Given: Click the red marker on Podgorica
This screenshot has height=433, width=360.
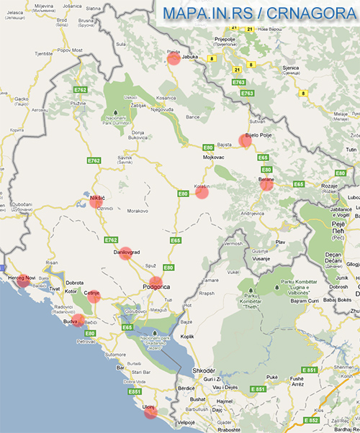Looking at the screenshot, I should pos(156,282).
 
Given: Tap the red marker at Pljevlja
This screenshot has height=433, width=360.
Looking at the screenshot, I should pos(174,58).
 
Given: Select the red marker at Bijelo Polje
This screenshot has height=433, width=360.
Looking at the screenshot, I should pos(246,140).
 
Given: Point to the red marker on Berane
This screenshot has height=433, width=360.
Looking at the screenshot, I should pos(266,184).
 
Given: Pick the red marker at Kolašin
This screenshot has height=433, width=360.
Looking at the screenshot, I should pos(202,191).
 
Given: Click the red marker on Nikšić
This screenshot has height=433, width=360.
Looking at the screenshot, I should pos(96,202).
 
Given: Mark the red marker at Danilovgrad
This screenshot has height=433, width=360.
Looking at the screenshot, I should pos(125,253).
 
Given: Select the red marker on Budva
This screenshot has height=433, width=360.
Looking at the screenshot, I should pos(78,320).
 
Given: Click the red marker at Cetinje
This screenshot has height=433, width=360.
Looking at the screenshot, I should pos(93,296).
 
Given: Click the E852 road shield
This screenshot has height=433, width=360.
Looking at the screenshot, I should pos(311,419).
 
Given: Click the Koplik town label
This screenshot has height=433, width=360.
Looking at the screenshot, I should pos(187,336).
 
